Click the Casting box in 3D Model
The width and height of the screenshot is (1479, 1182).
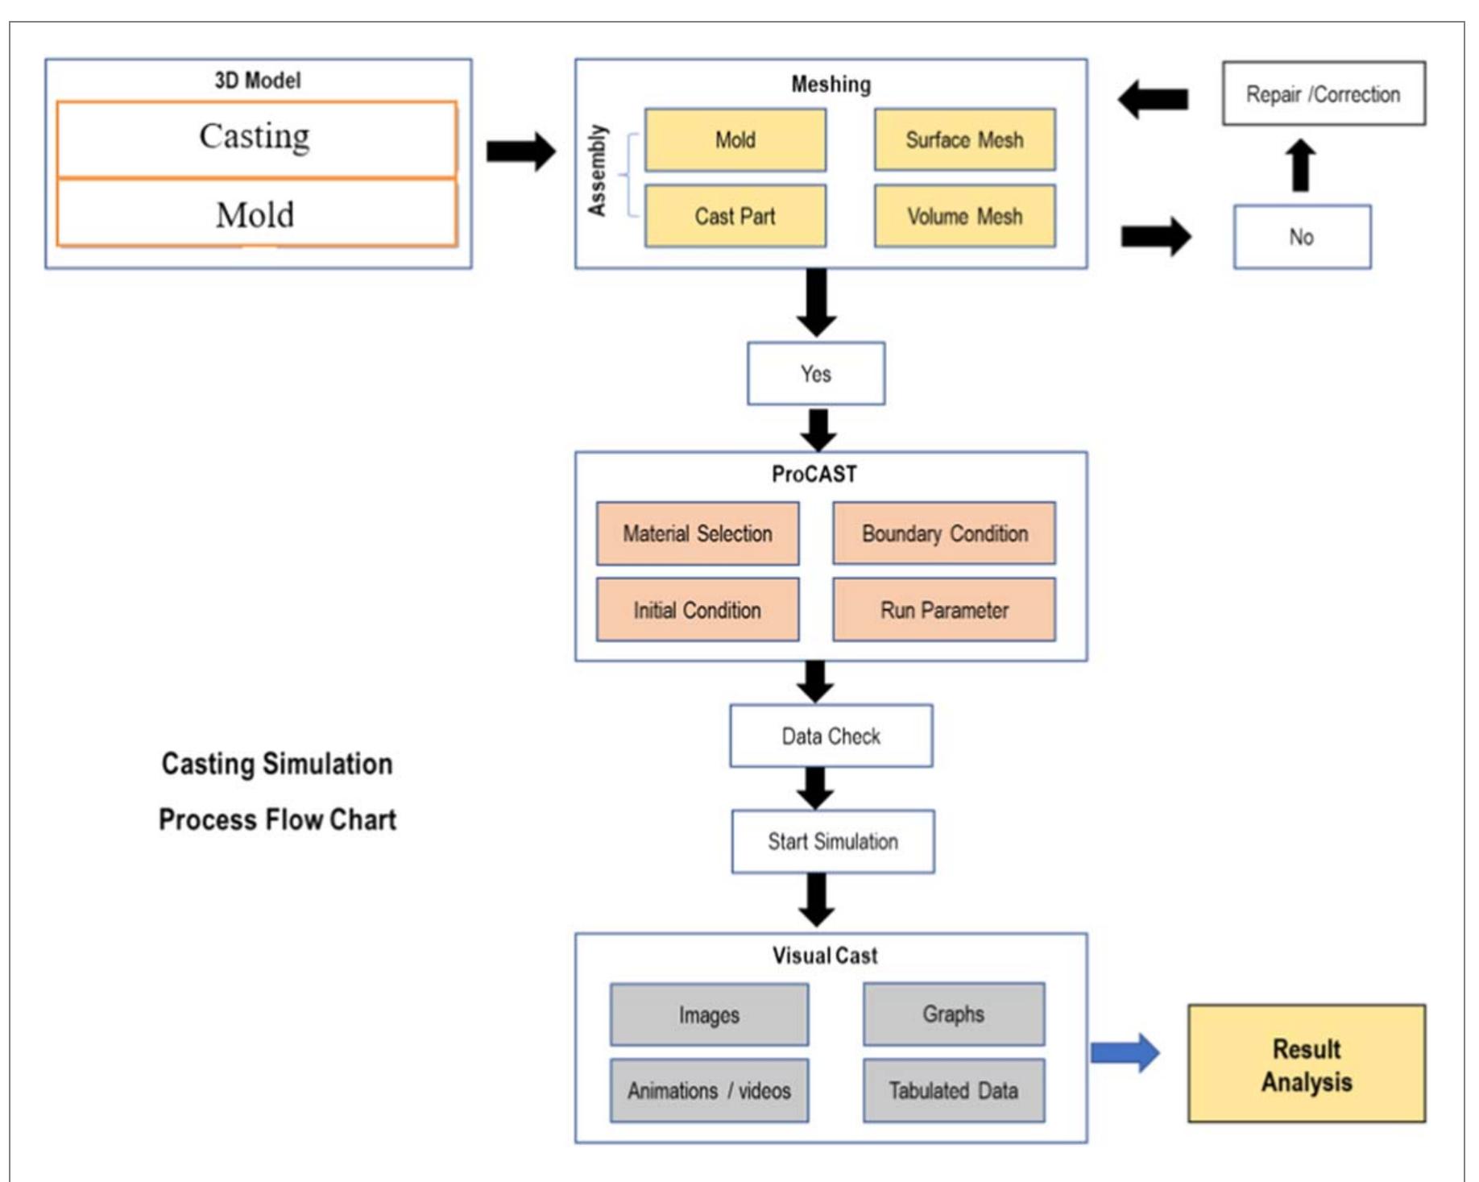point(256,138)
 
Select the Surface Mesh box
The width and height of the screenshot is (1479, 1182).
point(964,139)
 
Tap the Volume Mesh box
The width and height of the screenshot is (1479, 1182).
point(964,216)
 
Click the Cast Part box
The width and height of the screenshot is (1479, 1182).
point(735,216)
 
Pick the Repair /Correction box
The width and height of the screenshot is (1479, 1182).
point(1323,94)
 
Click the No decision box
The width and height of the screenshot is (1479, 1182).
point(1301,237)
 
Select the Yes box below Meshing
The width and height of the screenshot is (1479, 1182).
point(815,374)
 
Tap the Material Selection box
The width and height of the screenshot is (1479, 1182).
point(698,533)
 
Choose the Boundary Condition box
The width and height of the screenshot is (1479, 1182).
point(944,533)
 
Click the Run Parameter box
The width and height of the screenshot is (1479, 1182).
point(944,610)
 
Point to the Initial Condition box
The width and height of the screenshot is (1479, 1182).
point(698,610)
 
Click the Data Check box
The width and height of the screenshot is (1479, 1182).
point(831,736)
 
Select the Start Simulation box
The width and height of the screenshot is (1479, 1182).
point(832,841)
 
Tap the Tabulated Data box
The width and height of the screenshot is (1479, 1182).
point(953,1090)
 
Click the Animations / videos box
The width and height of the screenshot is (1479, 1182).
point(709,1090)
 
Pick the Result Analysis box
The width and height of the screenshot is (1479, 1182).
point(1306,1064)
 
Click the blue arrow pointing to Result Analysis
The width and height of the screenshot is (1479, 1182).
point(1125,1052)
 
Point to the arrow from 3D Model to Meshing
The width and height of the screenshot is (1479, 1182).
point(521,151)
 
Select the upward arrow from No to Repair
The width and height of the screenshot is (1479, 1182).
point(1300,165)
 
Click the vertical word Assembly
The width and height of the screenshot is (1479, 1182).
point(597,170)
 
